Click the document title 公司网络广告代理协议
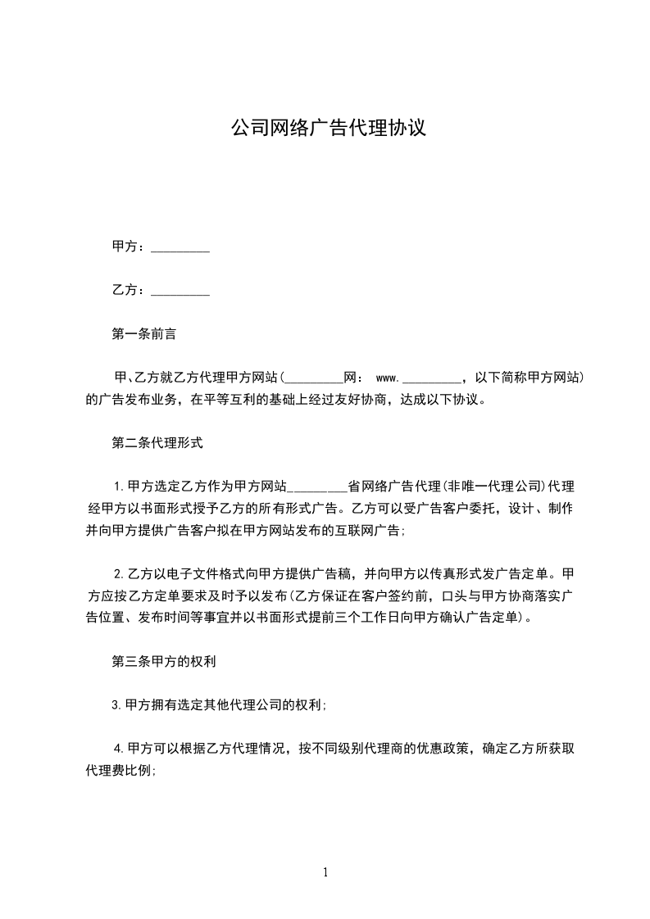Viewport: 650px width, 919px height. (328, 128)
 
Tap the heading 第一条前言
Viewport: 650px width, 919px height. (143, 335)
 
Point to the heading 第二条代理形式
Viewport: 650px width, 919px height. (157, 444)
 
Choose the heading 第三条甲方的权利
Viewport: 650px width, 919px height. (162, 661)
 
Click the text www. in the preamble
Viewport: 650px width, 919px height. (386, 378)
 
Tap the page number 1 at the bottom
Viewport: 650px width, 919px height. (325, 873)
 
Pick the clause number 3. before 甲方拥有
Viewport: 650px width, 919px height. (118, 704)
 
